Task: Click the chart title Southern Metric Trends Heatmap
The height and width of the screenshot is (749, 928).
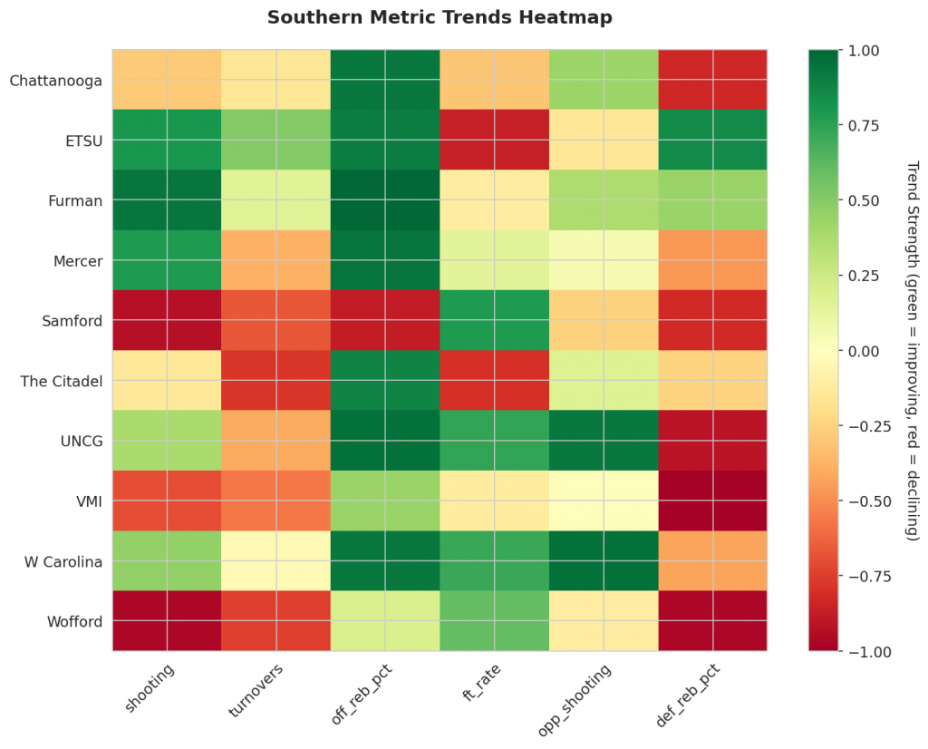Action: (440, 17)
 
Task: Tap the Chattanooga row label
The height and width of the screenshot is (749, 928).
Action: (54, 81)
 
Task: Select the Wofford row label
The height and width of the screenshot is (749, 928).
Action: (75, 622)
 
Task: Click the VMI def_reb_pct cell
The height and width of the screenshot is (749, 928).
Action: (712, 501)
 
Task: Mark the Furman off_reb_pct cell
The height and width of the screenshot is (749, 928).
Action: (385, 200)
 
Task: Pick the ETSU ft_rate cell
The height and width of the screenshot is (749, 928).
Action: (494, 141)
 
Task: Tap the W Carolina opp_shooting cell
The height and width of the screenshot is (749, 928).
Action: (604, 561)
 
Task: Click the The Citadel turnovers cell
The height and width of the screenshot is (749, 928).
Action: (275, 381)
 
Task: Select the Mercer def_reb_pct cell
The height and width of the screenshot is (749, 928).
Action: (712, 261)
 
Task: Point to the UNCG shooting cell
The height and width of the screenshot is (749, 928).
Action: (167, 441)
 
